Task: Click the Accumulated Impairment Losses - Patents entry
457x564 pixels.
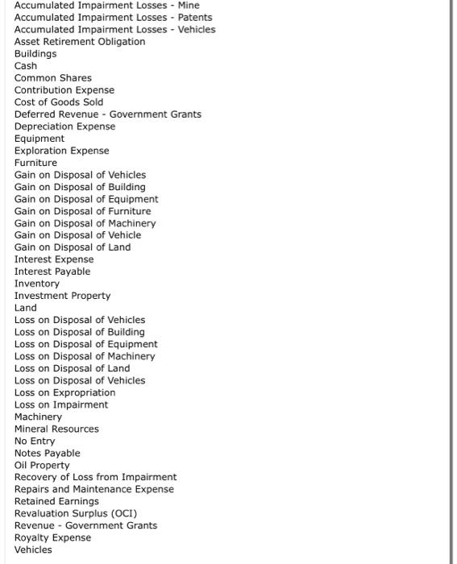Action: (x=113, y=17)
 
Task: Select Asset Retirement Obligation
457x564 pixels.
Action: (x=80, y=41)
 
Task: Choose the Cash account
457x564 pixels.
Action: (x=26, y=65)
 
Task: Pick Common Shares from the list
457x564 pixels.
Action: (x=53, y=77)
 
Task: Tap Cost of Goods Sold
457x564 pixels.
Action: (x=59, y=102)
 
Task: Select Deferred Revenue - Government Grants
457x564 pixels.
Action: (x=108, y=114)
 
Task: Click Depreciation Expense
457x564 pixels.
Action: (x=64, y=126)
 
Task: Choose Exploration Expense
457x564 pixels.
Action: (x=61, y=150)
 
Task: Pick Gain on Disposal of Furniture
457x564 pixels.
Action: (x=82, y=210)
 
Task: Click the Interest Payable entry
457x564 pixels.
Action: (x=52, y=271)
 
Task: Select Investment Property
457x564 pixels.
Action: (x=62, y=295)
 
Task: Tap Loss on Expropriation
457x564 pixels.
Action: (x=64, y=392)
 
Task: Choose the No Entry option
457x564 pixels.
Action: (x=35, y=440)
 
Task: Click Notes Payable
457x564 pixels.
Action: (x=48, y=452)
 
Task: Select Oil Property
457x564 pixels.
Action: (x=42, y=464)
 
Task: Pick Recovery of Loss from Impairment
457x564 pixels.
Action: (x=95, y=476)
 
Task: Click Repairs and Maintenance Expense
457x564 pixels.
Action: (x=93, y=488)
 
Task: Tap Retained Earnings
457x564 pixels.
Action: (x=56, y=500)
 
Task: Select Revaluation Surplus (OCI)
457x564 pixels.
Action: (x=76, y=512)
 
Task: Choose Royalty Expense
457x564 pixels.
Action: (x=52, y=537)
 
